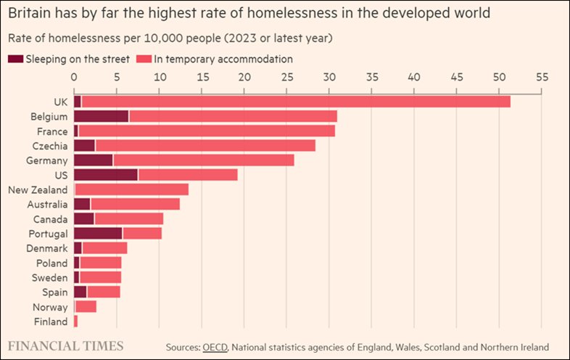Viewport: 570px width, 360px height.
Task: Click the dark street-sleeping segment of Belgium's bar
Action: pyautogui.click(x=101, y=116)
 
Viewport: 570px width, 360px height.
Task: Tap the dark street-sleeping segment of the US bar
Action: pyautogui.click(x=105, y=175)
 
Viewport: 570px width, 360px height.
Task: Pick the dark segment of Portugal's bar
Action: pyautogui.click(x=98, y=233)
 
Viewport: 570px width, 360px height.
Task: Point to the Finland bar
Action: pyautogui.click(x=75, y=322)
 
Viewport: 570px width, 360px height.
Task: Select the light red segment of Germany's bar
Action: pyautogui.click(x=203, y=160)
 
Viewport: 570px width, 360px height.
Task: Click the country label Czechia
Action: pyautogui.click(x=51, y=145)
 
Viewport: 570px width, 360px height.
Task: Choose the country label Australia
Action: pyautogui.click(x=47, y=205)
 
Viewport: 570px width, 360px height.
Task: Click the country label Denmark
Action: pyautogui.click(x=47, y=248)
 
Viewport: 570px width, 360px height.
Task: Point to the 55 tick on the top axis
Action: pyautogui.click(x=541, y=76)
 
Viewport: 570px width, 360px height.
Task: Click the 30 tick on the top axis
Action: pyautogui.click(x=329, y=76)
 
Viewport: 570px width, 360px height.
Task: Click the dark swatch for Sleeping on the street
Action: pyautogui.click(x=15, y=59)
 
